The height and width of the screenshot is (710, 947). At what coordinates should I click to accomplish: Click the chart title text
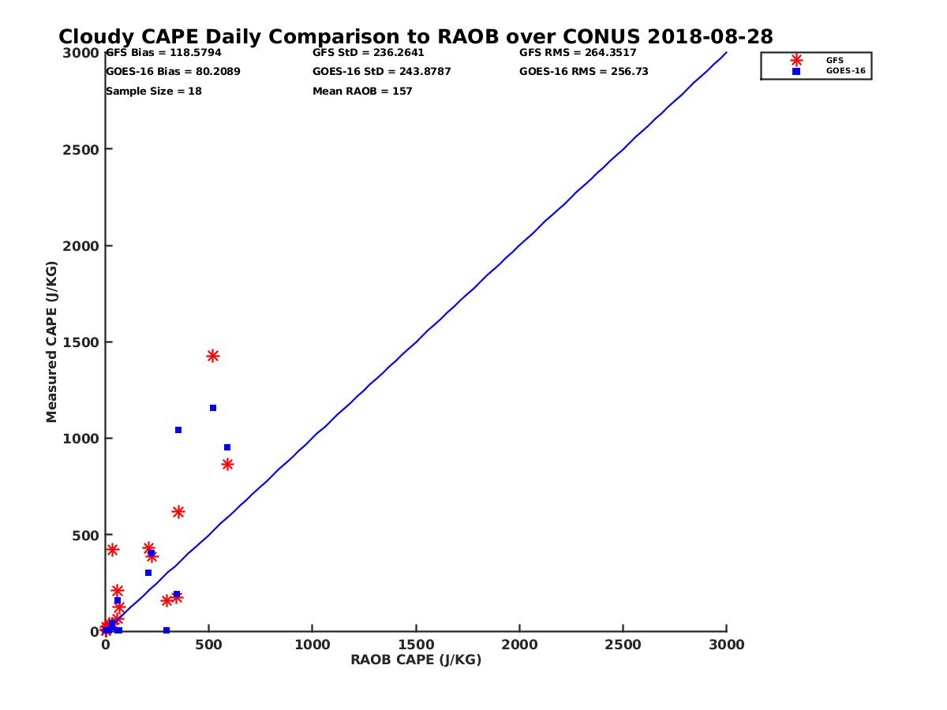click(x=416, y=37)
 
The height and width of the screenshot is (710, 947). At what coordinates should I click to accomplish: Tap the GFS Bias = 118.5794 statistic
click(x=163, y=53)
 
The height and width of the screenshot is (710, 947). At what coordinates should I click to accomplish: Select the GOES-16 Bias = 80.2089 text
click(x=173, y=72)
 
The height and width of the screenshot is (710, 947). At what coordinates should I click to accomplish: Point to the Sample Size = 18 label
click(x=154, y=92)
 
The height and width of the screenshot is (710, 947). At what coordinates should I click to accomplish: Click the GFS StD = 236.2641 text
click(x=369, y=53)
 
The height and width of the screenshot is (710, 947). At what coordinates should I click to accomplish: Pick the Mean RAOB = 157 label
click(x=362, y=92)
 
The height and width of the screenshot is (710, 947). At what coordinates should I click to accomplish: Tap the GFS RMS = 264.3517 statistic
click(x=578, y=53)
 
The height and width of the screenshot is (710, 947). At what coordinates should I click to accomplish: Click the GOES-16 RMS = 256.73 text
click(x=572, y=72)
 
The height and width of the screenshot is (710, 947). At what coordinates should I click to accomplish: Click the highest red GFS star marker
click(x=212, y=356)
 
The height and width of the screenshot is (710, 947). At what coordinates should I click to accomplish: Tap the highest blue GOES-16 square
click(x=213, y=408)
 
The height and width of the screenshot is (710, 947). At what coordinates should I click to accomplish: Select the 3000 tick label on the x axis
click(x=727, y=645)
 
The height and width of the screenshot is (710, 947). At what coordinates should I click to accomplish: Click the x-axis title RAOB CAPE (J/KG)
click(x=416, y=660)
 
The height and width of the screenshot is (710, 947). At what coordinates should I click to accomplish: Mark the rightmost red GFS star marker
click(x=227, y=464)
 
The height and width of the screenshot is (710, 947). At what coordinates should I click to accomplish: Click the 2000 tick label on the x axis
click(x=519, y=645)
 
